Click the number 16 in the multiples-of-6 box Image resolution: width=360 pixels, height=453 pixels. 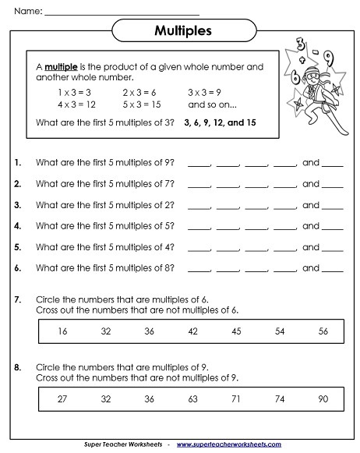coord(62,331)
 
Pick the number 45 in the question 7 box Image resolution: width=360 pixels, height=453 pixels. coord(235,331)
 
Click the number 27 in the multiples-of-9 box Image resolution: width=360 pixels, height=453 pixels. coord(62,398)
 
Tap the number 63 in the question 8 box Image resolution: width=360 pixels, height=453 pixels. coord(192,398)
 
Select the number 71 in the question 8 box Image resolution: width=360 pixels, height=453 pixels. coord(235,398)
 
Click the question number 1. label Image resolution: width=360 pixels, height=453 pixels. coord(18,163)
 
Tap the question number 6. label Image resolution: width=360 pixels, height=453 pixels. coord(18,268)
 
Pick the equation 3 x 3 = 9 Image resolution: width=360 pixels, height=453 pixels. coord(205,91)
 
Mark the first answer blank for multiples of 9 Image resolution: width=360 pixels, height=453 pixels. coord(199,165)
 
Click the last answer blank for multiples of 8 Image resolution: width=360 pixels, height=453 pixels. coord(333,270)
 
